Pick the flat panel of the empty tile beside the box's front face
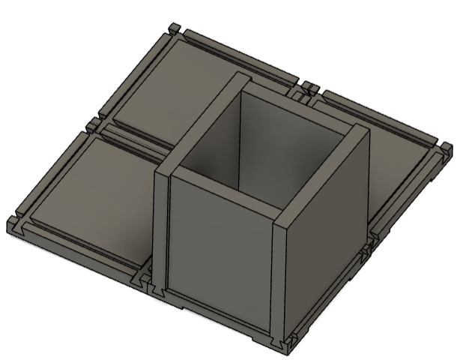click(x=97, y=187)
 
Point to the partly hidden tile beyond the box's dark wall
click(x=397, y=157)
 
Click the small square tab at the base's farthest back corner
click(x=174, y=30)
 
